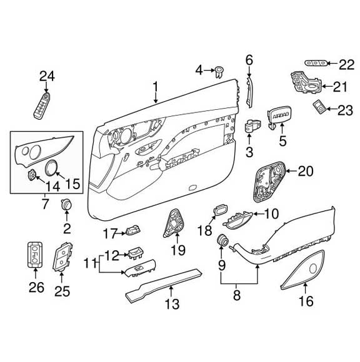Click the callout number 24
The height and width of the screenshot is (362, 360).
point(47,76)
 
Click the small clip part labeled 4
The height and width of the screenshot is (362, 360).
point(221,71)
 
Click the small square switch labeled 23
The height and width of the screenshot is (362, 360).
point(319,107)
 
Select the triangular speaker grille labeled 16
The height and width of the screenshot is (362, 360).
point(304,271)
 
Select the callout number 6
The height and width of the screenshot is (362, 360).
point(249,61)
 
